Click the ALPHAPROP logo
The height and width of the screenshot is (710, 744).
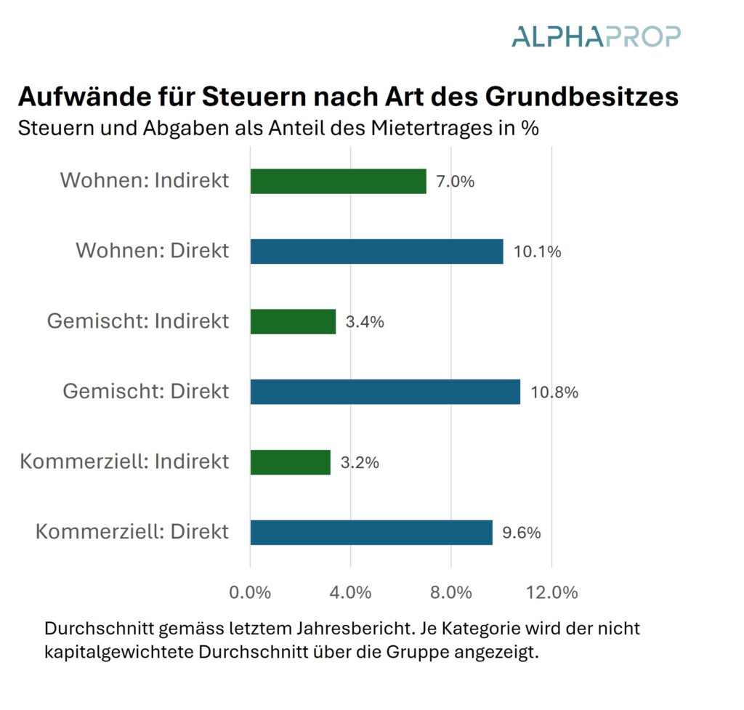pos(596,36)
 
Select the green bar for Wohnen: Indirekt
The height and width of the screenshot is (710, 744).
pos(338,181)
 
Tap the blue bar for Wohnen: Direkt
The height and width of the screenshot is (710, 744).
pos(376,251)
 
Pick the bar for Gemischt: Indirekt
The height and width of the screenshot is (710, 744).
pos(293,321)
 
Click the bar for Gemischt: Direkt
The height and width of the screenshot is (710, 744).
pos(385,392)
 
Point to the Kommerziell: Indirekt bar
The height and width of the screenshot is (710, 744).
pos(290,462)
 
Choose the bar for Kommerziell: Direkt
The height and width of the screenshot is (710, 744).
pos(371,532)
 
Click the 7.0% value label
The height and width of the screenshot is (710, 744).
pos(455,182)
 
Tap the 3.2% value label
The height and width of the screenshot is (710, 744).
pos(360,462)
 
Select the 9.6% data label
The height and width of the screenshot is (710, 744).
pos(522,533)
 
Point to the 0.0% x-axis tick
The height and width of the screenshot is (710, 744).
pos(250,592)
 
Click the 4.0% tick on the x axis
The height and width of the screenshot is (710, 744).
pos(351,592)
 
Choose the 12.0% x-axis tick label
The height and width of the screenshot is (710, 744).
pos(551,592)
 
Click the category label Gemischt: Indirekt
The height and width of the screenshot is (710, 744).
pos(138,321)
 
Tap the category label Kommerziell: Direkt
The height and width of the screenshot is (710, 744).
pos(132,531)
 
